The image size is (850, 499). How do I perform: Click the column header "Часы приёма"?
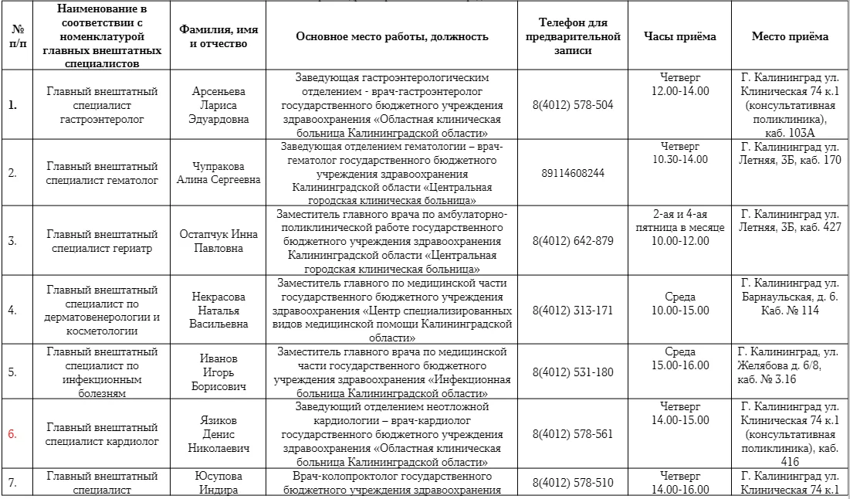pyautogui.click(x=679, y=36)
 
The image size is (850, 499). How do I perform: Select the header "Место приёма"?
pyautogui.click(x=790, y=36)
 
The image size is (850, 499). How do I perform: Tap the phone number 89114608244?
pyautogui.click(x=572, y=173)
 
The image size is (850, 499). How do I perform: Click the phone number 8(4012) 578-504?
pyautogui.click(x=572, y=104)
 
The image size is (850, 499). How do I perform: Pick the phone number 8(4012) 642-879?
pyautogui.click(x=572, y=240)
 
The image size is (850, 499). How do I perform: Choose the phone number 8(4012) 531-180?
pyautogui.click(x=572, y=372)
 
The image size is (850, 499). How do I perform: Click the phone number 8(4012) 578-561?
pyautogui.click(x=572, y=433)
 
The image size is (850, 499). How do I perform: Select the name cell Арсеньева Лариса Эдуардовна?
pyautogui.click(x=218, y=104)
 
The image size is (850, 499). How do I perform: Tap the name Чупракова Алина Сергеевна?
pyautogui.click(x=218, y=173)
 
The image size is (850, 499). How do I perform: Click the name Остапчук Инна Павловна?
pyautogui.click(x=218, y=240)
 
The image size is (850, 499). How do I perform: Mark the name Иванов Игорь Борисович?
pyautogui.click(x=218, y=372)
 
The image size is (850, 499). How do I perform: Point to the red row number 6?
pyautogui.click(x=12, y=434)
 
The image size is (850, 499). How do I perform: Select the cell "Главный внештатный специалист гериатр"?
pyautogui.click(x=102, y=240)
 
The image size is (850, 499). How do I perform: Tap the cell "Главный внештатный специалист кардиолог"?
pyautogui.click(x=102, y=433)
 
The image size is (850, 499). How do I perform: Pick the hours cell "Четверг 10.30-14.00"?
pyautogui.click(x=679, y=152)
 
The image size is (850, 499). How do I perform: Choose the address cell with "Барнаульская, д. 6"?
pyautogui.click(x=790, y=296)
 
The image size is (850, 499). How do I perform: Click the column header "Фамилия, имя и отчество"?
pyautogui.click(x=218, y=36)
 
